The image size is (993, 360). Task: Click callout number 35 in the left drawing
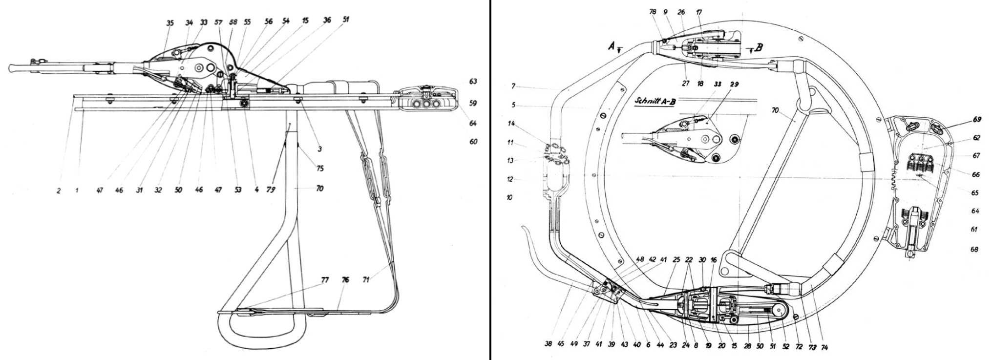[x=170, y=23]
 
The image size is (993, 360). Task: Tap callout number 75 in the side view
[x=320, y=169]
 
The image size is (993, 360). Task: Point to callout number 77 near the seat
[x=325, y=280]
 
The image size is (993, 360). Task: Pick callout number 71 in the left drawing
[x=366, y=280]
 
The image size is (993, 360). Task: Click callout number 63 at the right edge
[x=473, y=82]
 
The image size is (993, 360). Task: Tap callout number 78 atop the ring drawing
[x=652, y=12]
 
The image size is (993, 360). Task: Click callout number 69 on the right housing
[x=976, y=120]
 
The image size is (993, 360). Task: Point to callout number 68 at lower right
[x=974, y=250]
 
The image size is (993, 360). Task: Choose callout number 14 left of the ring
[x=511, y=124]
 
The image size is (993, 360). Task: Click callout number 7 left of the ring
[x=513, y=86]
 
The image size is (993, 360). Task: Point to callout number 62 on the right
[x=976, y=138]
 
